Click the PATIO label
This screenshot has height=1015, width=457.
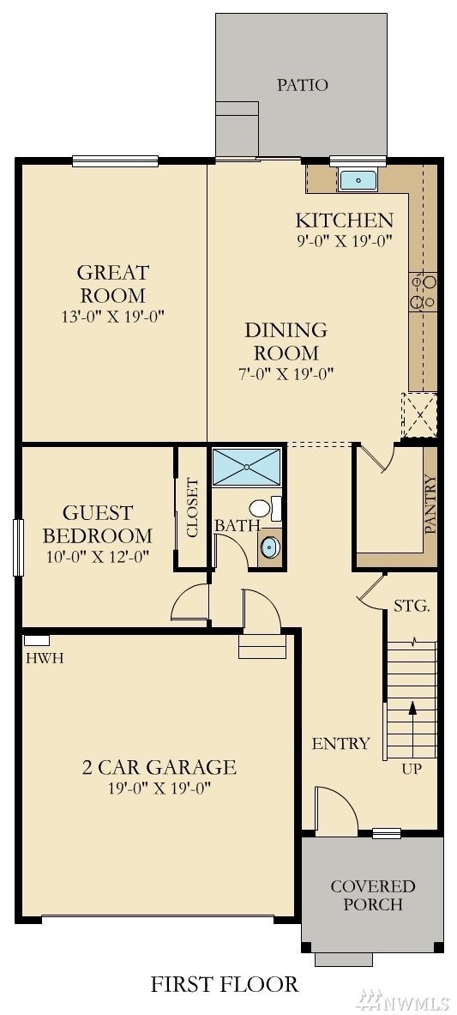303,85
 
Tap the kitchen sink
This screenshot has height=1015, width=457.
354,180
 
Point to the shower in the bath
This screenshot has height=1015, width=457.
247,466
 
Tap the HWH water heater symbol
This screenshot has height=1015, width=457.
37,641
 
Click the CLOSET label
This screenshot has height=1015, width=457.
192,508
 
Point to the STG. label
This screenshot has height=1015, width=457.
412,607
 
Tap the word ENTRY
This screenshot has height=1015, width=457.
340,744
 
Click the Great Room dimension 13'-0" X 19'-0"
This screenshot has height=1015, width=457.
113,317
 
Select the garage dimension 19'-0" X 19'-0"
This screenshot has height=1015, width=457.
159,788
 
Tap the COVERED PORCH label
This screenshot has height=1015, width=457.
373,895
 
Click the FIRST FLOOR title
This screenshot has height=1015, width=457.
225,985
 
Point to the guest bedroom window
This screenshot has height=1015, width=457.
18,547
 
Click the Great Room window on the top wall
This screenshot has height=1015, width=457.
115,161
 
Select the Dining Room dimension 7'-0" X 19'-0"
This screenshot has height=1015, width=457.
286,373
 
